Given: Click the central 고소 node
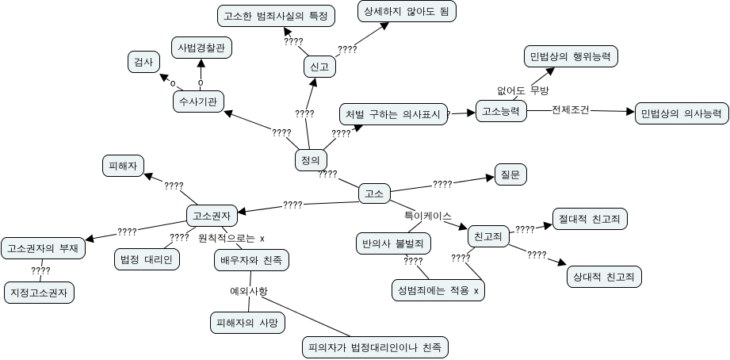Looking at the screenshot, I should coord(374,193).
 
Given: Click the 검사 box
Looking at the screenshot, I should coord(143,62).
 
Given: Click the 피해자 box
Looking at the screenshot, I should coord(123,166).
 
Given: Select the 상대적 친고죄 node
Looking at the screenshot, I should coord(604,277).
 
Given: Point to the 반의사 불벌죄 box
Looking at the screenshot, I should coord(392,243).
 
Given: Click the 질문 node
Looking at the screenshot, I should coord(510,173).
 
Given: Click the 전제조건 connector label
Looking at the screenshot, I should coord(571,110).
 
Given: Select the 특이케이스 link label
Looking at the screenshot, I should coord(428,216).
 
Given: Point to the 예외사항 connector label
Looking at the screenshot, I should coord(248,291).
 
